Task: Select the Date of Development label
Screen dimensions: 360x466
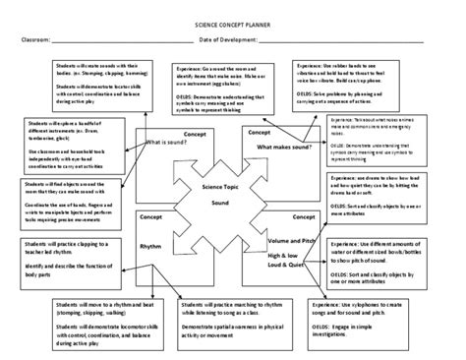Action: (x=228, y=41)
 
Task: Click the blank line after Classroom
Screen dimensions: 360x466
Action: (x=128, y=43)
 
